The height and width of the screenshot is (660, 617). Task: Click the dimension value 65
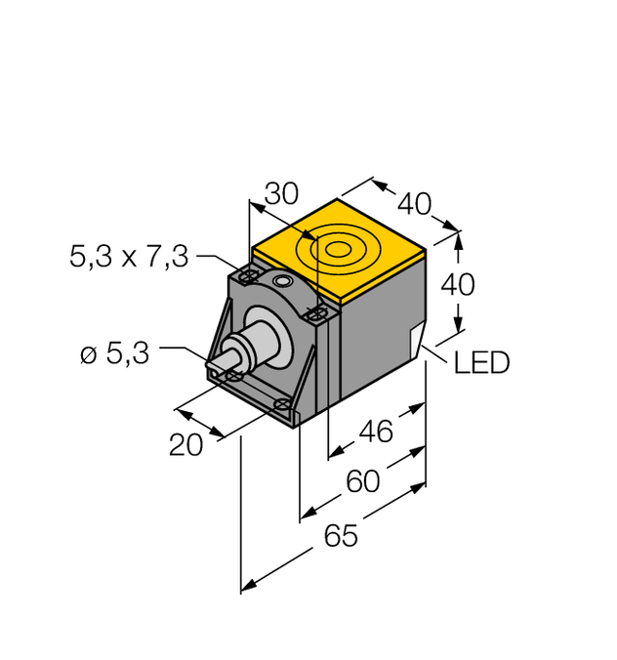pos(342,536)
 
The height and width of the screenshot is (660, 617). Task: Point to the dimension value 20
pos(186,444)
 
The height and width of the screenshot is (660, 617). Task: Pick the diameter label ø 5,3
pos(114,354)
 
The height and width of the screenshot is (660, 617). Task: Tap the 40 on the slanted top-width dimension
pos(414,204)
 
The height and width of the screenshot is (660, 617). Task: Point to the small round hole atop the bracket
pos(285,282)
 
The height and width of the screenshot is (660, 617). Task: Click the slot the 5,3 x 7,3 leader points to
pos(248,278)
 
